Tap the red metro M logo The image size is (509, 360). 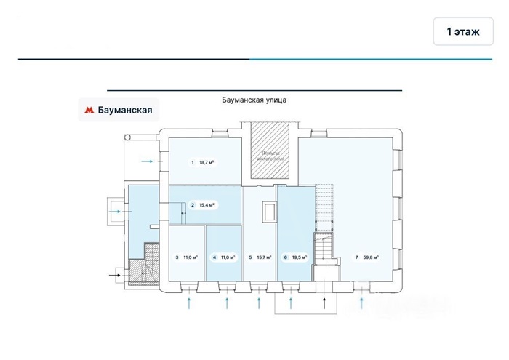tap(89, 111)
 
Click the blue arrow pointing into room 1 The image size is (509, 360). tap(148, 161)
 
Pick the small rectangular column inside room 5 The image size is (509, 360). tap(270, 212)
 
